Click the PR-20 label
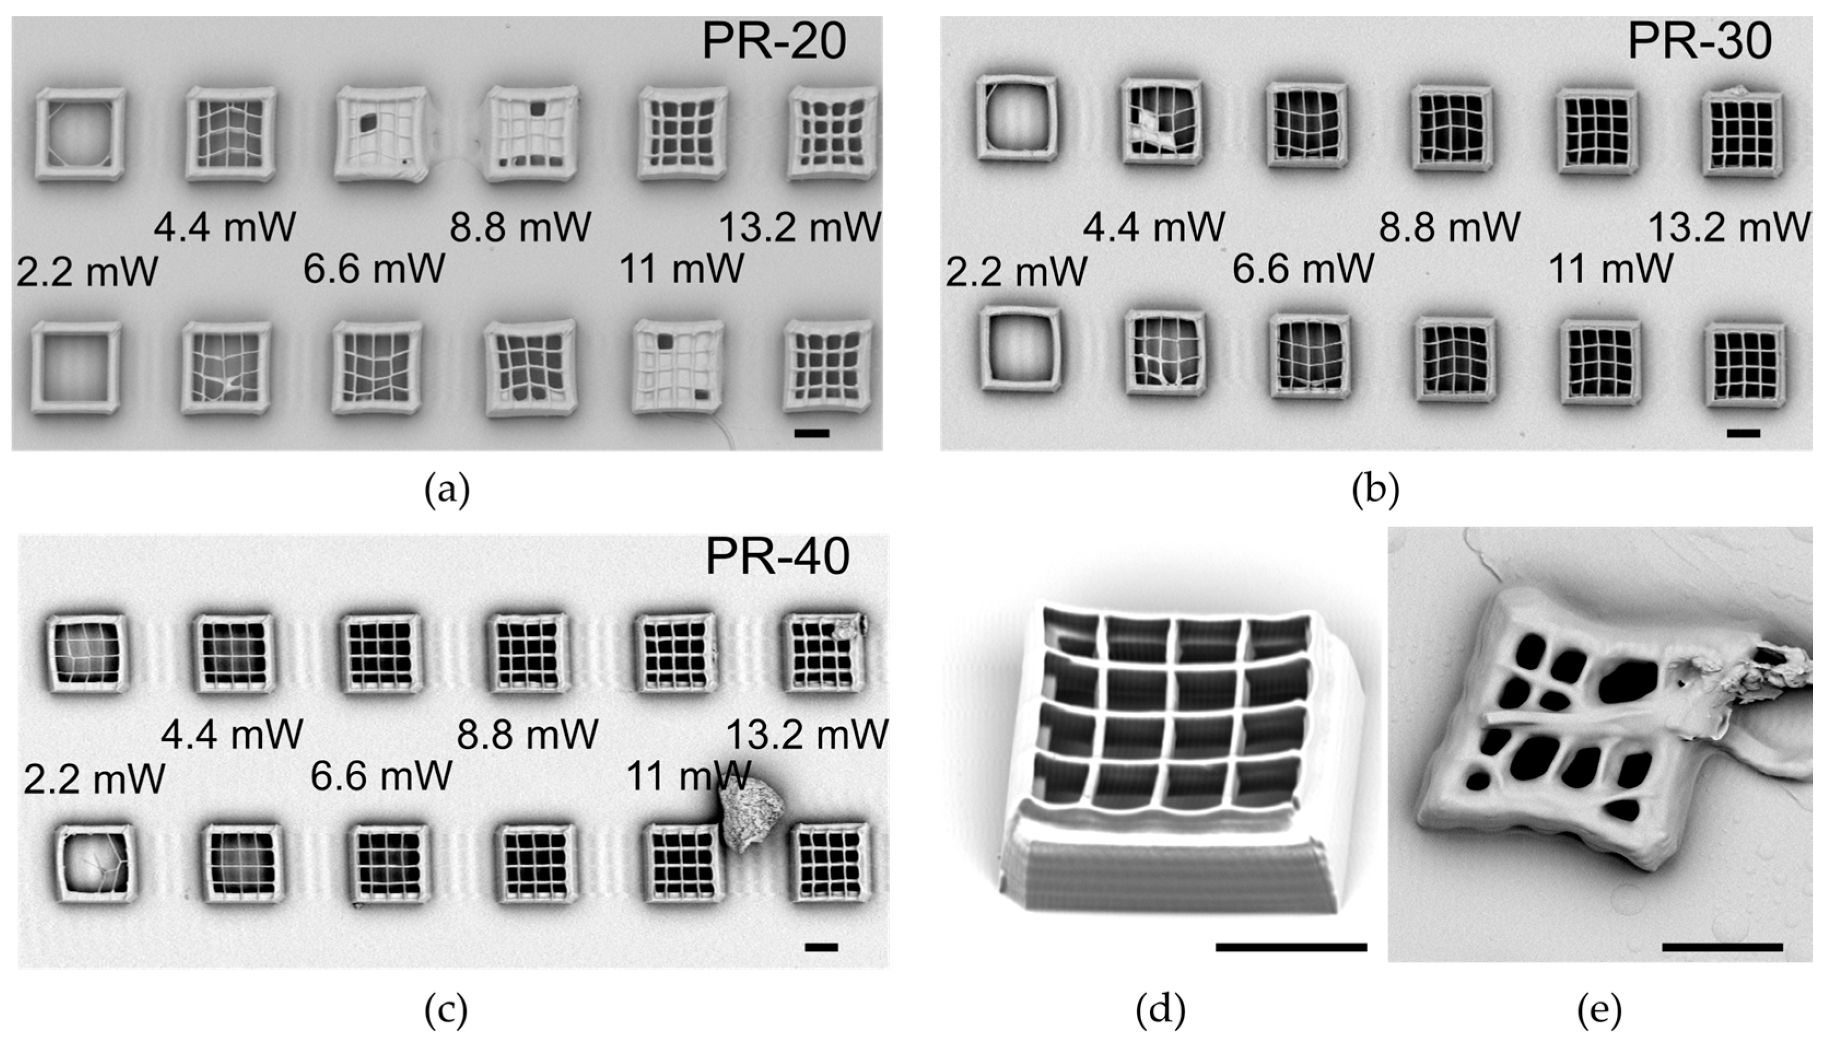tap(773, 42)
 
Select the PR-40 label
tap(777, 556)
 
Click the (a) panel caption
tap(447, 491)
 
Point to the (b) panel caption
tap(1375, 491)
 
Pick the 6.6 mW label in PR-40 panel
tap(381, 775)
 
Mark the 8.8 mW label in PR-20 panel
tap(520, 226)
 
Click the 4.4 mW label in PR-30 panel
tap(1153, 226)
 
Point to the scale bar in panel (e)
tap(1722, 947)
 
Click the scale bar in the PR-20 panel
tap(812, 433)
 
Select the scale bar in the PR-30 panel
tap(1744, 433)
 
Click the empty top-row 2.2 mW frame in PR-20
tap(80, 134)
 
